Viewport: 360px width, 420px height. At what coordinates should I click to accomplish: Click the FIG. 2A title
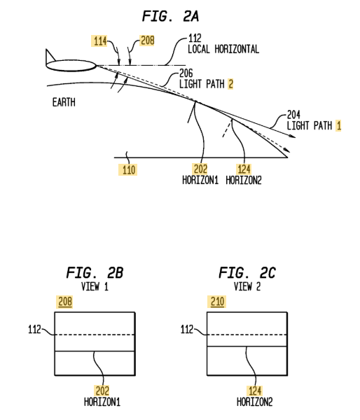(170, 17)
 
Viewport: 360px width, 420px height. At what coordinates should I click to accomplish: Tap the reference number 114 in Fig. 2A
(100, 41)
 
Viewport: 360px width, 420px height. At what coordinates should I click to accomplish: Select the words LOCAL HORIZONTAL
(223, 49)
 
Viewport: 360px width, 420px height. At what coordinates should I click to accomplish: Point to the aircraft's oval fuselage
(71, 66)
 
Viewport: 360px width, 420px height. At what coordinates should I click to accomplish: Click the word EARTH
(64, 102)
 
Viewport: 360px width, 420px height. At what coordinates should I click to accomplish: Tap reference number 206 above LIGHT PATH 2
(186, 73)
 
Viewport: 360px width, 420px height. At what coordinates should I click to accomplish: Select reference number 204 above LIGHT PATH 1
(293, 115)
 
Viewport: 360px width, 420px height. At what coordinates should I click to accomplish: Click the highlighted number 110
(129, 170)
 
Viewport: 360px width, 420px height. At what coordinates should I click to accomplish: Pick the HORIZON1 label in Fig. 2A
(200, 180)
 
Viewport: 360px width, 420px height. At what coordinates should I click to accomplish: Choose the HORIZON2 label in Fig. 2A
(244, 180)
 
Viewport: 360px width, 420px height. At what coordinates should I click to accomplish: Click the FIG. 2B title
(95, 273)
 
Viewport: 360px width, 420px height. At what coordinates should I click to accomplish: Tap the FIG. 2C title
(247, 273)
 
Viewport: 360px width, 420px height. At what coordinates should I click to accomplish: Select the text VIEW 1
(95, 287)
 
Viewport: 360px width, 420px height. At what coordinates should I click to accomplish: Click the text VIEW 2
(247, 287)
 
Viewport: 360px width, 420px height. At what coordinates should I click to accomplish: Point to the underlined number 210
(217, 302)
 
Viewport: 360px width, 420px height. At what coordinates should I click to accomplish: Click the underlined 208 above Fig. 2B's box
(65, 302)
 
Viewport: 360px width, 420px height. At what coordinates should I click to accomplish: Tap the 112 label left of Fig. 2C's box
(187, 330)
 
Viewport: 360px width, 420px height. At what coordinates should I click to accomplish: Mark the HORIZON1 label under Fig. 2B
(102, 402)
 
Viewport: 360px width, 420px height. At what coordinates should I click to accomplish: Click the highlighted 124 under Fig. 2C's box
(254, 391)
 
